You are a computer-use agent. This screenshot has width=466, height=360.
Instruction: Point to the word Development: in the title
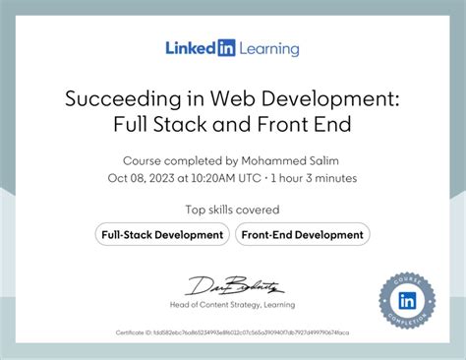322,98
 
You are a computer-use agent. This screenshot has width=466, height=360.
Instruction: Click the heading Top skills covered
232,210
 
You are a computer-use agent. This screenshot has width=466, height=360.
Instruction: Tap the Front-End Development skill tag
302,234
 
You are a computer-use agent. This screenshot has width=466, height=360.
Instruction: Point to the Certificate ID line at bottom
232,333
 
